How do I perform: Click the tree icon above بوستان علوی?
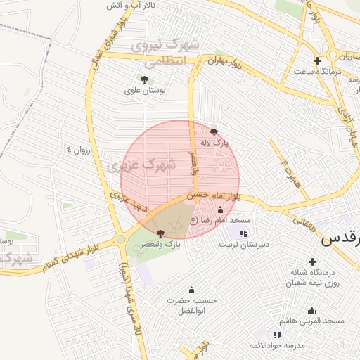(x=144, y=79)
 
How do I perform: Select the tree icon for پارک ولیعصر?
(x=161, y=233)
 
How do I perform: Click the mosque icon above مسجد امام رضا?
(x=220, y=210)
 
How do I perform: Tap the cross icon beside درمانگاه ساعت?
(x=317, y=60)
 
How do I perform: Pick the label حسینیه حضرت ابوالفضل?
(x=191, y=305)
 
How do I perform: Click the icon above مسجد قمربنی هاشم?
(x=311, y=310)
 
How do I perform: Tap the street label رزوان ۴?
(x=79, y=150)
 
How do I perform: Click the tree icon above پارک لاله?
(x=214, y=131)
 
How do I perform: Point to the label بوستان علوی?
(x=143, y=90)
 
